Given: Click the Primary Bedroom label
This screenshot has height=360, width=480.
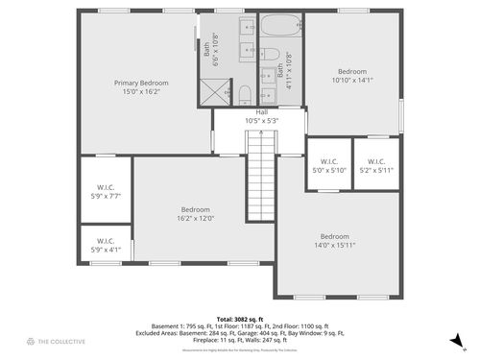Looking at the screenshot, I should (141, 83).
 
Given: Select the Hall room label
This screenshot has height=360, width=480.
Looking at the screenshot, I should (261, 112).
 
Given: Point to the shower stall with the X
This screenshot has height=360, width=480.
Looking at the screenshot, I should (213, 91).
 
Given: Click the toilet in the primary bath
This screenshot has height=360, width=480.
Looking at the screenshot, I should (245, 93).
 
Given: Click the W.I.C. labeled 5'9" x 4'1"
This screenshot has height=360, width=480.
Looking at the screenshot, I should (106, 240).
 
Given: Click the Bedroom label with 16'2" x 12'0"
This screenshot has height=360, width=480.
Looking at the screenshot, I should (196, 209).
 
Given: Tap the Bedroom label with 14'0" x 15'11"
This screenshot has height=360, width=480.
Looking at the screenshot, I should (334, 236).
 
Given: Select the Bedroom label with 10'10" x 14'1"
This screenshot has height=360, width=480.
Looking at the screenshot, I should (350, 72).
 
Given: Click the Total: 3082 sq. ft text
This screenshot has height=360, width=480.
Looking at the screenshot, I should (239, 318).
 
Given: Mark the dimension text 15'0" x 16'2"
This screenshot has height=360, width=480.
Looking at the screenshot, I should (141, 92).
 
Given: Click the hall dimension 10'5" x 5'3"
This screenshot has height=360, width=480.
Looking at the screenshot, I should (261, 121).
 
